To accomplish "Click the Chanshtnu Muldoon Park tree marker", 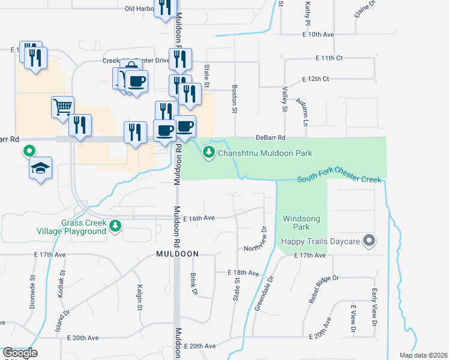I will pyautogui.click(x=209, y=152).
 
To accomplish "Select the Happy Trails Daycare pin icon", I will pyautogui.click(x=370, y=241).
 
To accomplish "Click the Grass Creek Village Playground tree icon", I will pyautogui.click(x=115, y=226).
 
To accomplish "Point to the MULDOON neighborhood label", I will pyautogui.click(x=177, y=254).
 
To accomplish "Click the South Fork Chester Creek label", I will pyautogui.click(x=340, y=175).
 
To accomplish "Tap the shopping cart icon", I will pyautogui.click(x=62, y=107).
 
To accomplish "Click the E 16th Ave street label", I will pyautogui.click(x=199, y=218).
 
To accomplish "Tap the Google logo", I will pyautogui.click(x=20, y=353).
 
